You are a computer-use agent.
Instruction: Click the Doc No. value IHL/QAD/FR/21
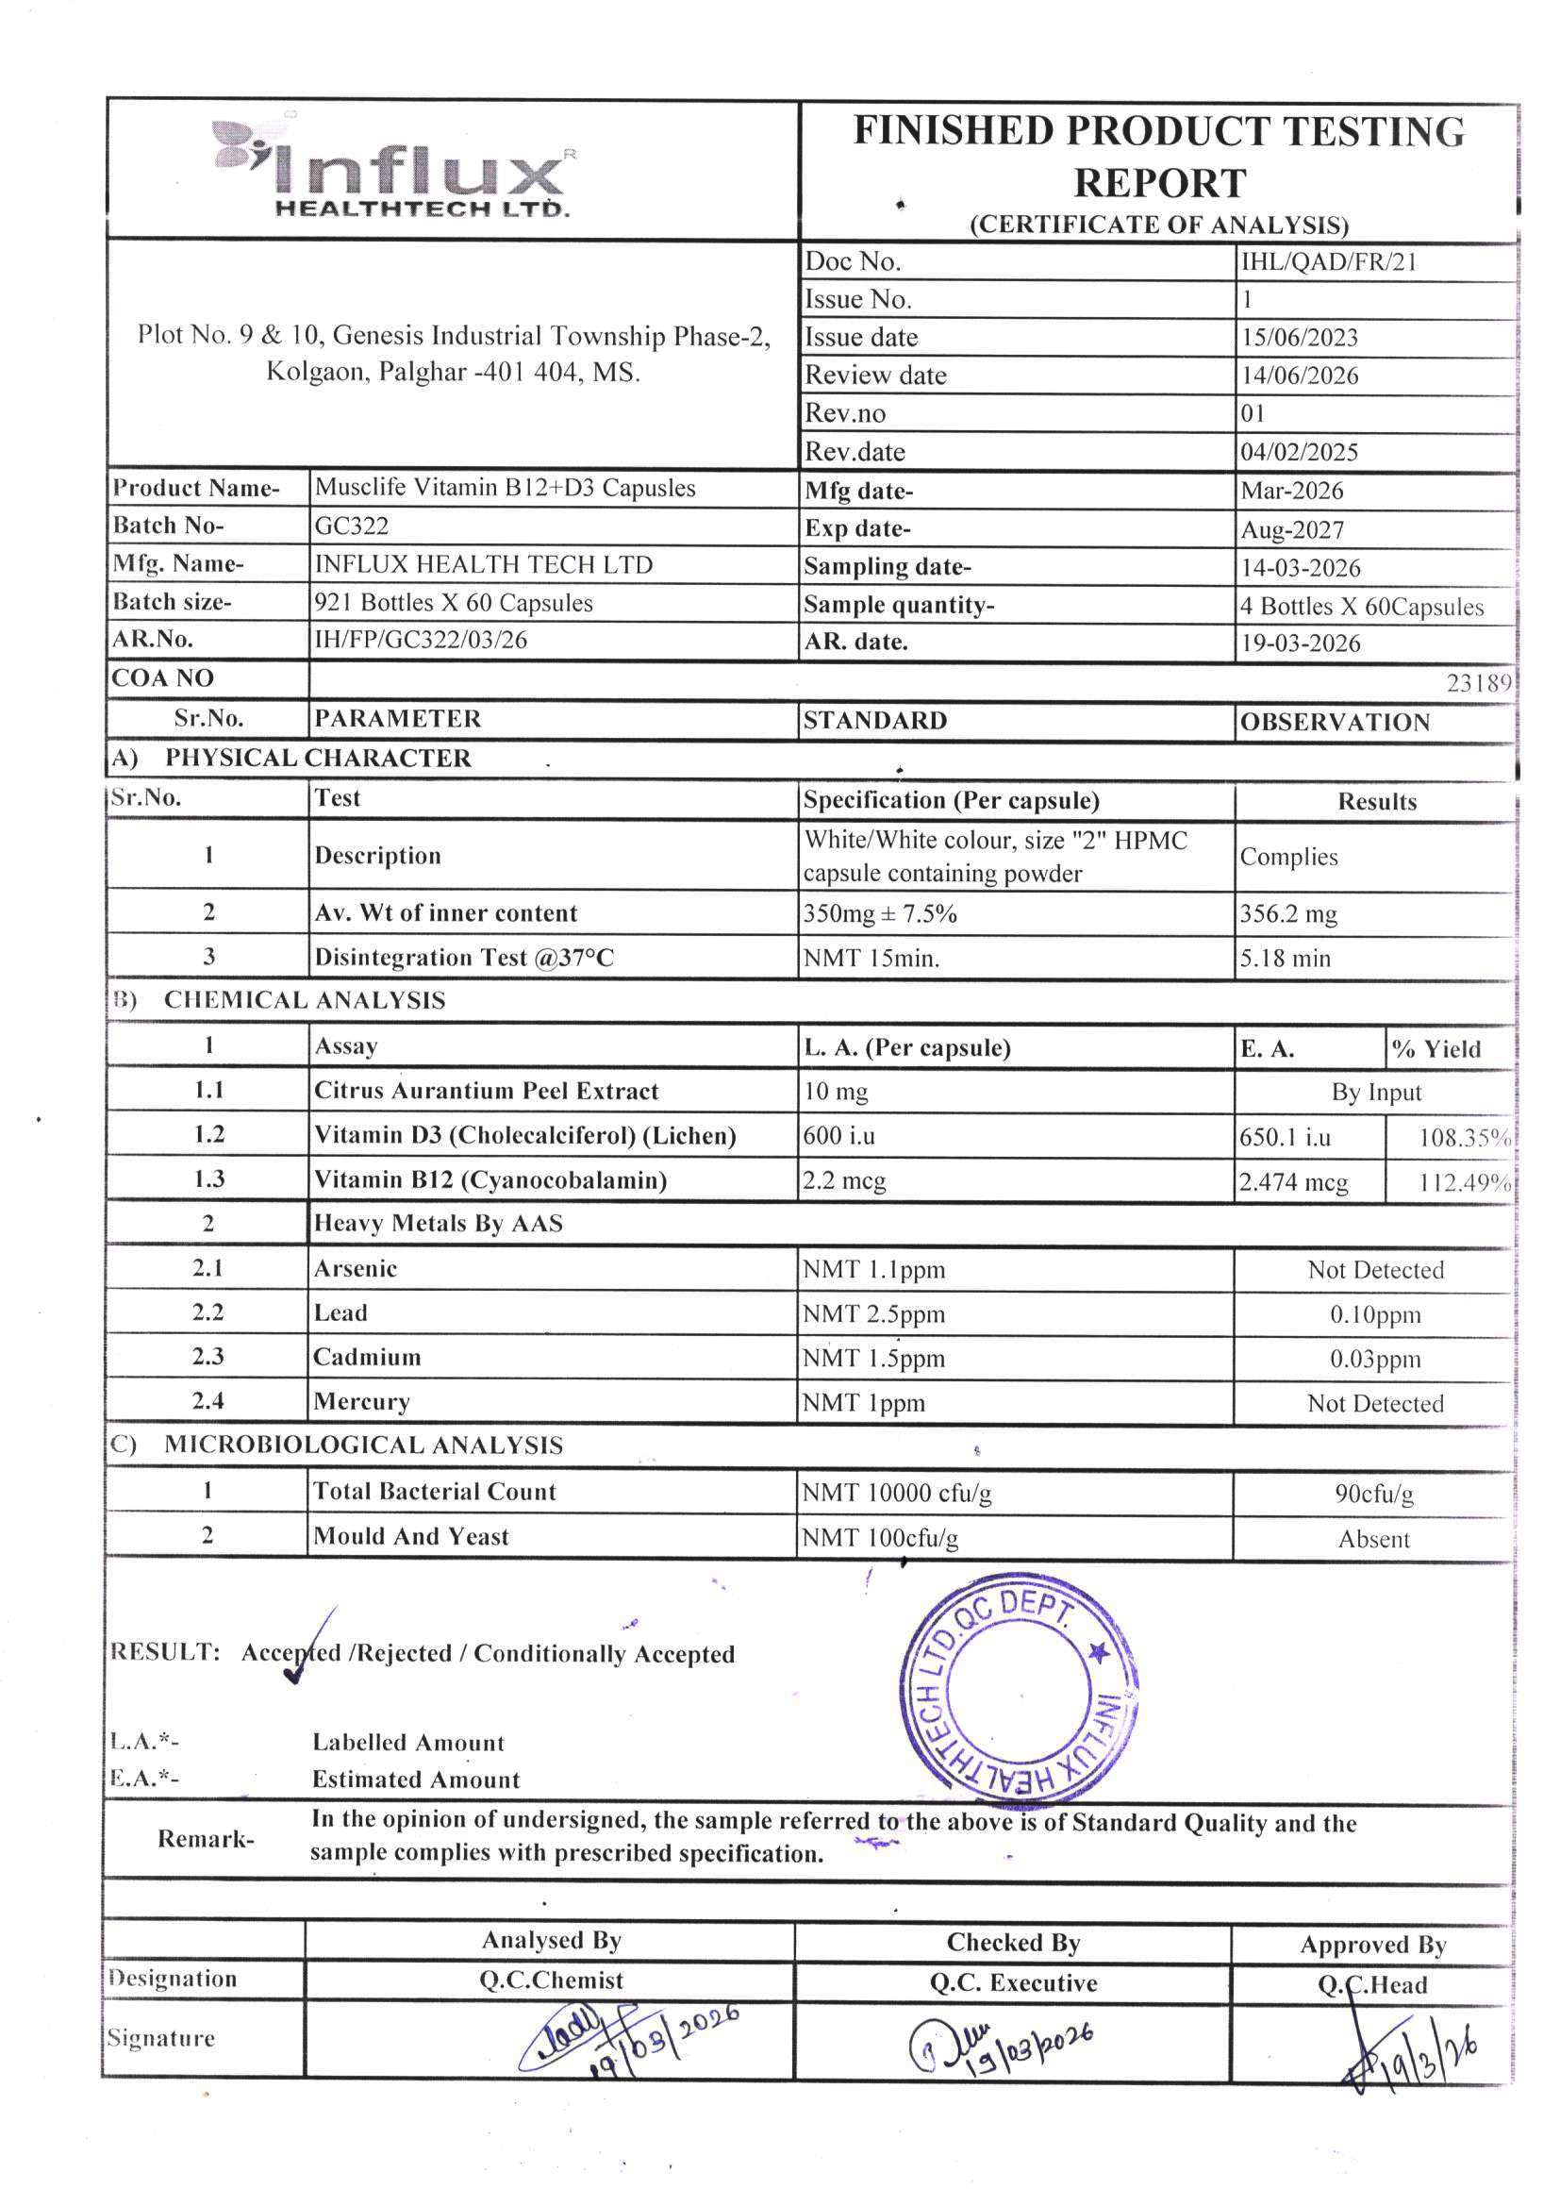point(1328,261)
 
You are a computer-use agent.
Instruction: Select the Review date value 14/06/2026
point(1298,376)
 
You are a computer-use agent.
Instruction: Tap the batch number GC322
point(352,526)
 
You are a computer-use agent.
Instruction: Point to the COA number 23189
point(1478,683)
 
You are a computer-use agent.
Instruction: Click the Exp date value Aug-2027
point(1291,529)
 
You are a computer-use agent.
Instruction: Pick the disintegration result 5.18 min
point(1285,958)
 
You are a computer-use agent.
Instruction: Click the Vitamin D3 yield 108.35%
point(1464,1138)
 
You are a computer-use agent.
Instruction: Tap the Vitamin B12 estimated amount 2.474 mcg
point(1293,1181)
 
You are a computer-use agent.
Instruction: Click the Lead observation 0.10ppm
point(1374,1314)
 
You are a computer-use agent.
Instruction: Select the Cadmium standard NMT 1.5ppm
point(873,1359)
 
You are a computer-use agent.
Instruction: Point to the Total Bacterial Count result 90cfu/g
point(1373,1494)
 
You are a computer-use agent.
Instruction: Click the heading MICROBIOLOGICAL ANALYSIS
point(363,1446)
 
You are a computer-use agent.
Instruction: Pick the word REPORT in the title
point(1158,182)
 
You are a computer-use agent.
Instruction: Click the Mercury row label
point(361,1402)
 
